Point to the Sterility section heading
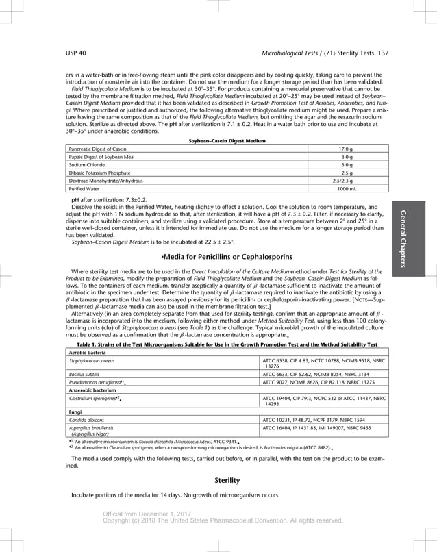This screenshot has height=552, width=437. tap(227, 480)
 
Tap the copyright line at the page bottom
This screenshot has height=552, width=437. tap(222, 520)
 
